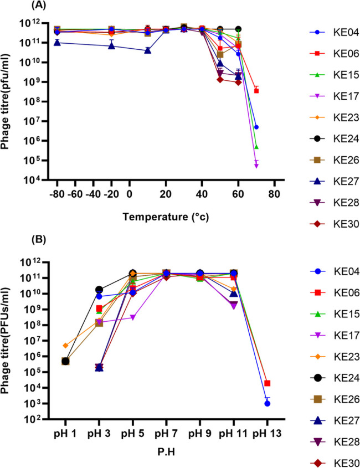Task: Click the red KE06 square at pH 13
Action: coord(267,383)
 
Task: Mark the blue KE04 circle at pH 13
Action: coord(267,404)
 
